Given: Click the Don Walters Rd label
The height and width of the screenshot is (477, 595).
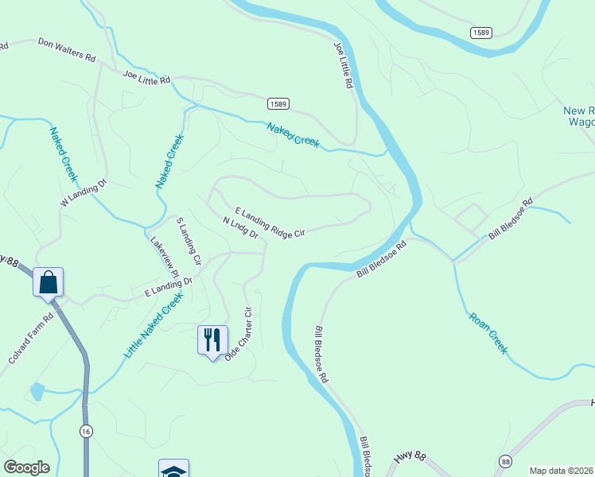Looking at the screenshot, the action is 66,50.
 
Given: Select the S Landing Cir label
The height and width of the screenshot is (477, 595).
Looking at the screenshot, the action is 189,241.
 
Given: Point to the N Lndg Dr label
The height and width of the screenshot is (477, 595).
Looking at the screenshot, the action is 241,228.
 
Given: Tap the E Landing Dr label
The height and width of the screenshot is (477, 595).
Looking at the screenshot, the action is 169,288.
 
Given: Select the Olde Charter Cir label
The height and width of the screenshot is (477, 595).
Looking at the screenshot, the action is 239,334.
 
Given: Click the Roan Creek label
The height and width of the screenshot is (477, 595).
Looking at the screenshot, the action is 488,332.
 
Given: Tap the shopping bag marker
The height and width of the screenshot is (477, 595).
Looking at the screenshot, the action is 48,282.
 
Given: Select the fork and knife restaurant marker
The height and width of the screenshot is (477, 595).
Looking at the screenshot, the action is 212,339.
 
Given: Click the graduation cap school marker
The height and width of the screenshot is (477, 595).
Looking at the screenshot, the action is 173,470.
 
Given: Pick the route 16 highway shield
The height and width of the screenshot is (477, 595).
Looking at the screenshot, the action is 85,430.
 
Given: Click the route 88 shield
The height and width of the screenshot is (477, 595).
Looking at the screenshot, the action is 505,461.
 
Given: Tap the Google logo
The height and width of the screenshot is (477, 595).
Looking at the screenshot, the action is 26,467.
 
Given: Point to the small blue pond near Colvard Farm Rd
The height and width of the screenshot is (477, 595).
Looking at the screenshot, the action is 37,391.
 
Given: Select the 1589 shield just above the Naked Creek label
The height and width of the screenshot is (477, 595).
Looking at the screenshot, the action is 278,104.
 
